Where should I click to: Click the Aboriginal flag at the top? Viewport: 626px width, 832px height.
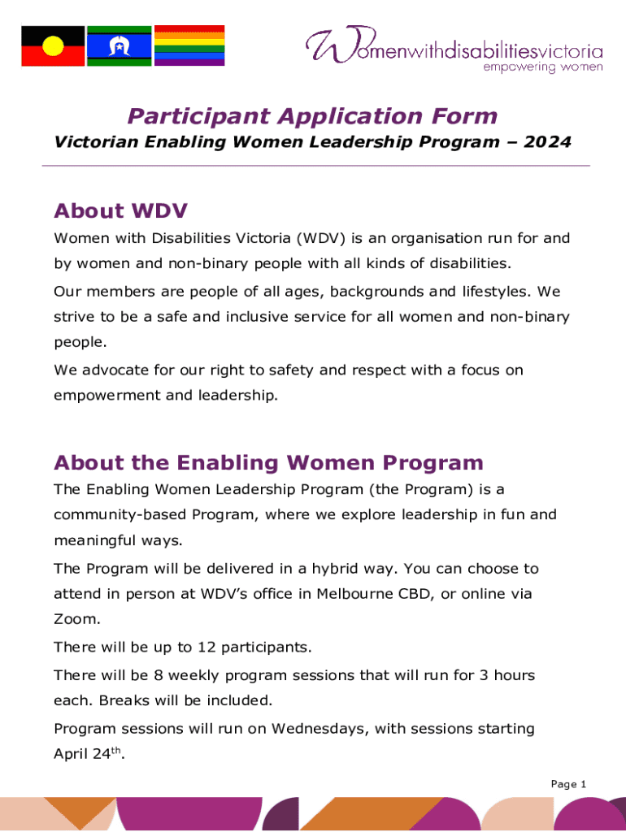point(53,45)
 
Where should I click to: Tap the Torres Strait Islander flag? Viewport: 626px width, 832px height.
point(120,45)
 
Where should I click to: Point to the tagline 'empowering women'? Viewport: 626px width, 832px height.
point(543,67)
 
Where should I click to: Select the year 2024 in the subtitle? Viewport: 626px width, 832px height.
point(548,142)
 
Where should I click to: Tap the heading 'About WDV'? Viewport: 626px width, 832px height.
point(120,211)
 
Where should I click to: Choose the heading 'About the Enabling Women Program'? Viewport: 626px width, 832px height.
point(268,463)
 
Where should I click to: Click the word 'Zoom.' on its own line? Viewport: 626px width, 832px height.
point(77,620)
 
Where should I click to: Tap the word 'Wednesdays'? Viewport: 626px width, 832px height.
point(318,729)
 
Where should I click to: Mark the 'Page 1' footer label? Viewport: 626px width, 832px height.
point(568,784)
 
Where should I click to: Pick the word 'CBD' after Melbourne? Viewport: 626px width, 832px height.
point(418,595)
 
